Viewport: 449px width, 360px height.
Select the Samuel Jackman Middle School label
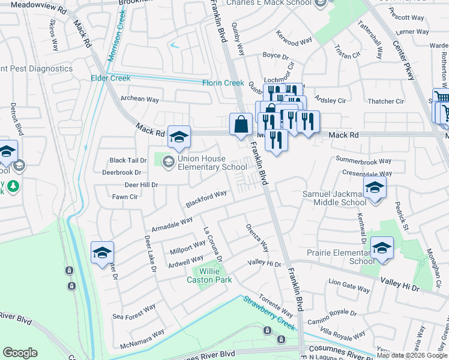click(334, 198)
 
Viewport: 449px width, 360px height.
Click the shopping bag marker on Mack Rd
click(241, 125)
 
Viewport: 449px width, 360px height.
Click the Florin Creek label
click(223, 83)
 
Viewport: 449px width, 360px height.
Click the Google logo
click(20, 353)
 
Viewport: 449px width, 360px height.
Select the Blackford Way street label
click(206, 199)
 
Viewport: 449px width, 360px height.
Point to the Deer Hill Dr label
click(141, 185)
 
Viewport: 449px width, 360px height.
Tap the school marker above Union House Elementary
click(179, 137)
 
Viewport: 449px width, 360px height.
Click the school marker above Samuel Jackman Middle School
click(375, 189)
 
